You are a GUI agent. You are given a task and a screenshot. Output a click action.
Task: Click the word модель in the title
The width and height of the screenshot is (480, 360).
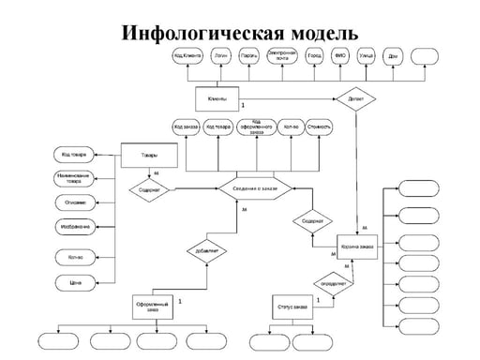tap(316, 34)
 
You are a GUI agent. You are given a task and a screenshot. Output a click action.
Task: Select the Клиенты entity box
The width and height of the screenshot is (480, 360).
tap(217, 98)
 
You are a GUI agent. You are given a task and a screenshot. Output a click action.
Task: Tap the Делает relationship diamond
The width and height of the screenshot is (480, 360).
tap(356, 97)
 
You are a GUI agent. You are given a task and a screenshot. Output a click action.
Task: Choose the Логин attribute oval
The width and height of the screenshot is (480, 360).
tap(221, 56)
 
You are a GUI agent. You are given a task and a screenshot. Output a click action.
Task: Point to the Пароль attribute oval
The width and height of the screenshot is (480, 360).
tap(249, 56)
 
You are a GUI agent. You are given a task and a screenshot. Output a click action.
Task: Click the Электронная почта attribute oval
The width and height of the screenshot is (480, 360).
tap(282, 55)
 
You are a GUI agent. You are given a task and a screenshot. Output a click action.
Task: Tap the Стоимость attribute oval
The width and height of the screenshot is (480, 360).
tap(319, 126)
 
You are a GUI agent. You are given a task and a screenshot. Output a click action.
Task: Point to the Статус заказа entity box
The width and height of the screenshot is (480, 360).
tap(292, 307)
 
